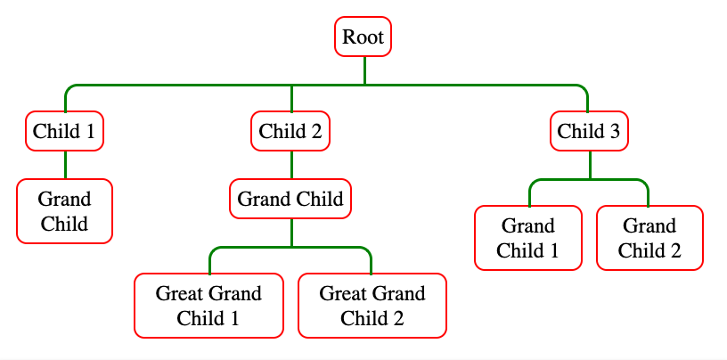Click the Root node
click(x=363, y=37)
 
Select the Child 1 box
click(x=64, y=132)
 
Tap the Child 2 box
click(x=290, y=132)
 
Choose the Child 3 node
click(x=588, y=132)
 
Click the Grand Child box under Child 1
click(x=64, y=211)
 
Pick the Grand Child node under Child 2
click(x=290, y=199)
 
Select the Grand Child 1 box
click(x=527, y=237)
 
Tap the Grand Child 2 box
click(x=649, y=237)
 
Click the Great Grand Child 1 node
click(x=208, y=306)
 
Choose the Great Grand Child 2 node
click(x=372, y=306)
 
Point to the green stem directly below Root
click(x=364, y=70)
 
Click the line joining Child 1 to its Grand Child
click(x=65, y=165)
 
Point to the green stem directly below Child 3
click(x=589, y=165)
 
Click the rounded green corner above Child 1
click(x=69, y=89)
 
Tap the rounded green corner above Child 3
click(x=584, y=89)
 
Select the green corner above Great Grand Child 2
click(x=368, y=250)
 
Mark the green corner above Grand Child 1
click(x=533, y=184)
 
